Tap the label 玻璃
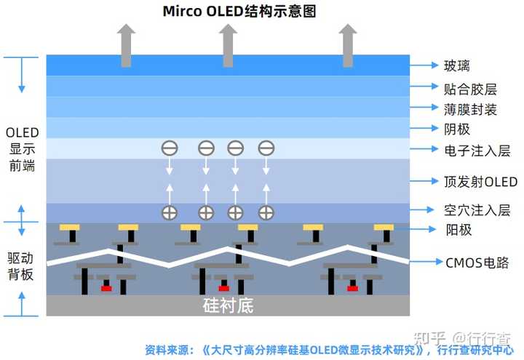coord(457,66)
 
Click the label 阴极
coord(457,129)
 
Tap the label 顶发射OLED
coord(480,181)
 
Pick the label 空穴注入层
coord(477,210)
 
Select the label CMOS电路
coord(477,263)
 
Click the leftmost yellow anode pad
coord(70,227)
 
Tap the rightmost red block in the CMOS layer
coord(353,288)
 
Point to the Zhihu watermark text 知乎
coord(429,338)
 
